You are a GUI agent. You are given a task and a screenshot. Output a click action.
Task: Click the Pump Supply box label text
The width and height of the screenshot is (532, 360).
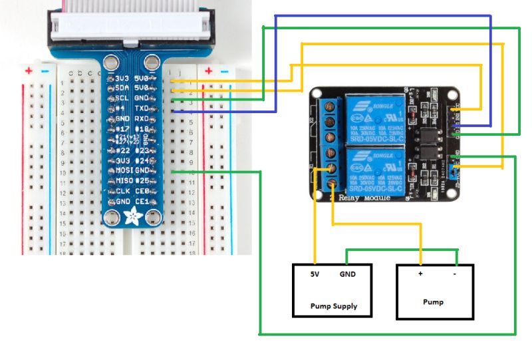pos(333,306)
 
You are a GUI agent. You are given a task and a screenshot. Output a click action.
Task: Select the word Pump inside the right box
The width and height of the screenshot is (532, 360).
pos(434,302)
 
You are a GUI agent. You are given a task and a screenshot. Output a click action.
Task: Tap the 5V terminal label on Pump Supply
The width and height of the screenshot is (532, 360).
pos(315,274)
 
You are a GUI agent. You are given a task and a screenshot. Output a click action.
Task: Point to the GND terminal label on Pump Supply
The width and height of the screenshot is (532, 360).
pos(348,274)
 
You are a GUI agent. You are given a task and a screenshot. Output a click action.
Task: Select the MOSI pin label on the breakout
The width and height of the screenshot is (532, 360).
pos(120,171)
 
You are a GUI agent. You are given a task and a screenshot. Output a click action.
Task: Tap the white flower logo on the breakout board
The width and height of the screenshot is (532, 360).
pos(132,215)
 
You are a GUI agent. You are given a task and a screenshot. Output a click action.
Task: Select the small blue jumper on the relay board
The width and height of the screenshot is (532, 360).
pos(454,174)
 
